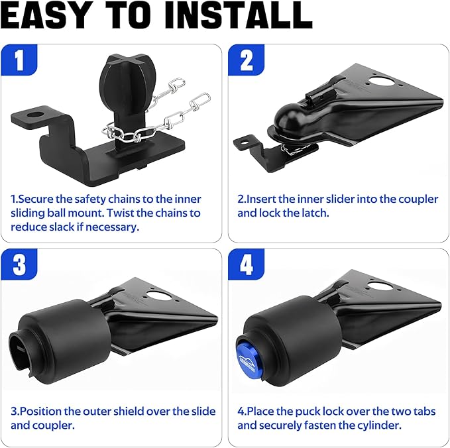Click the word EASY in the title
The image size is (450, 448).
(45, 15)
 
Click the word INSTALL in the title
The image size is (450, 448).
(239, 15)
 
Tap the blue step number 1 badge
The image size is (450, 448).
(19, 60)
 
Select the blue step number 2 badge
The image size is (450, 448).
(247, 60)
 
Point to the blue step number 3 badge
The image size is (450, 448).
(19, 264)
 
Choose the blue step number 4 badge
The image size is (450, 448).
(247, 264)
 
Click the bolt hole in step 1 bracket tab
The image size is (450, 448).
(34, 115)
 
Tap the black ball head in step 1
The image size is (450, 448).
(128, 80)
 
